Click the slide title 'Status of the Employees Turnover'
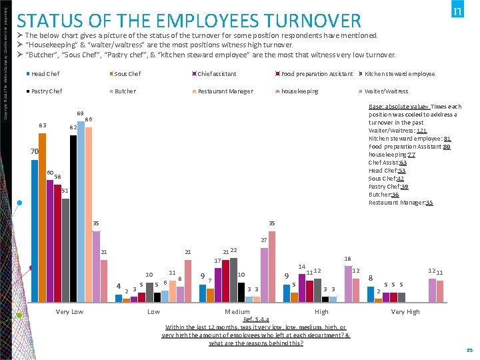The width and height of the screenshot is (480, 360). tap(189, 21)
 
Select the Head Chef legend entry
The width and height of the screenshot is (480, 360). tap(45, 74)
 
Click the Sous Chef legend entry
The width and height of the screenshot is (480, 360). tap(127, 74)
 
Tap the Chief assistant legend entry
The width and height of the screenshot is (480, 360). tap(217, 74)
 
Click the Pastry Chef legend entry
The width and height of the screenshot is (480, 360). tap(47, 91)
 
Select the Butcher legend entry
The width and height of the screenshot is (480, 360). tap(125, 91)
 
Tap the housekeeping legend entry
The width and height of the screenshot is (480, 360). tap(299, 91)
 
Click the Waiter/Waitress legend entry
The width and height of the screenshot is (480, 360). tap(386, 91)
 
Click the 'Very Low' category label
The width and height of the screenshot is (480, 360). tap(70, 312)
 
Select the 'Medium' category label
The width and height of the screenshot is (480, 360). tap(237, 312)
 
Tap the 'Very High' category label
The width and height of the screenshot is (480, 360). tap(405, 312)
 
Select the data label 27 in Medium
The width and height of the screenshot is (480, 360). tap(264, 240)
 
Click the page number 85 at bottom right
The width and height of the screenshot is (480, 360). tap(469, 349)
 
